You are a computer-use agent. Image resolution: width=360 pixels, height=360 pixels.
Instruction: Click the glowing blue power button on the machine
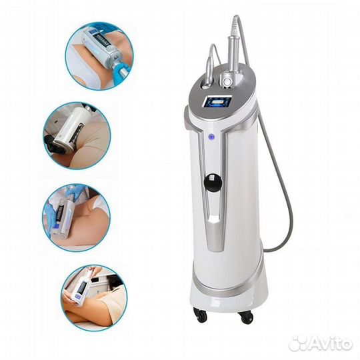point(211,137)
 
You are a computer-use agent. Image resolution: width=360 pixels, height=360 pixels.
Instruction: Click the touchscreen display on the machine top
point(217,101)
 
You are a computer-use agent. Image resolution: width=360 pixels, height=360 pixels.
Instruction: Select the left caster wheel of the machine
point(201,315)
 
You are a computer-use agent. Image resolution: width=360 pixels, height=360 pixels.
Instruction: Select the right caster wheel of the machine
point(246,317)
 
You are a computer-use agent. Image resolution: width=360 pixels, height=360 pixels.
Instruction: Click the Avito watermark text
point(331,344)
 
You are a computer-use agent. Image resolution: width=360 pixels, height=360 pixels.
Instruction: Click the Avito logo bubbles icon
point(299,344)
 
